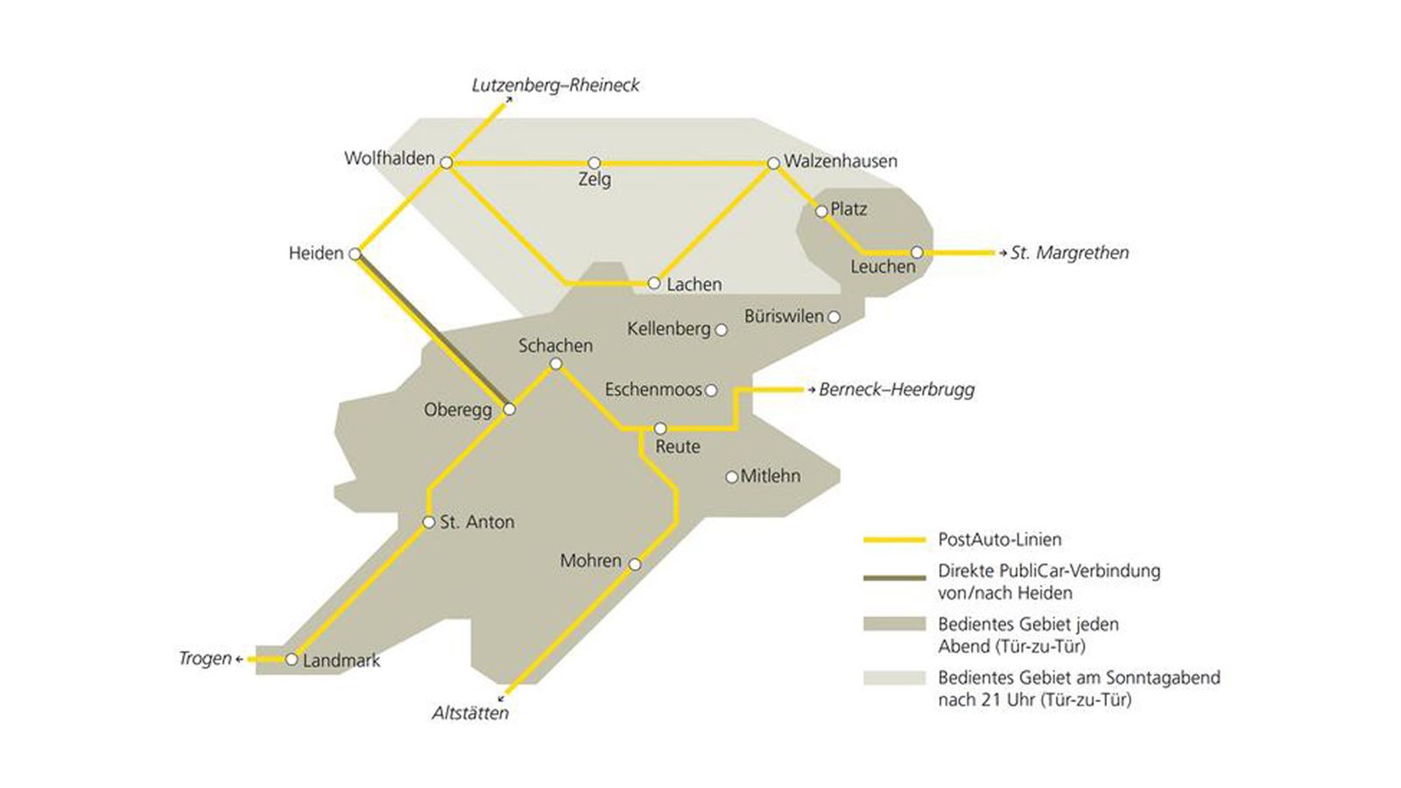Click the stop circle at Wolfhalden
click(x=446, y=163)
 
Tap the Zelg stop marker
click(x=594, y=163)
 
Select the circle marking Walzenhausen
click(x=773, y=164)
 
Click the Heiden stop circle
click(x=355, y=254)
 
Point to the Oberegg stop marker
click(x=510, y=409)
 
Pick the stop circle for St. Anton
click(x=428, y=523)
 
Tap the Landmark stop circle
click(x=292, y=659)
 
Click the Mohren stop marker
click(x=635, y=565)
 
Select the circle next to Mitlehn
click(x=731, y=477)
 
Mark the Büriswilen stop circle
click(x=834, y=317)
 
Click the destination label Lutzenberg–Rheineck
click(x=555, y=85)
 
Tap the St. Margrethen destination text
click(x=1069, y=253)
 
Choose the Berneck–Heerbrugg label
click(x=896, y=390)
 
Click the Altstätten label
click(x=470, y=713)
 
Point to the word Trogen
click(x=205, y=658)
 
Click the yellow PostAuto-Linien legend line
click(x=894, y=540)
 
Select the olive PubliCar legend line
click(x=894, y=578)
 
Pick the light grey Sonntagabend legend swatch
click(x=894, y=678)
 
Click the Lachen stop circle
click(x=653, y=283)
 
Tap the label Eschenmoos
click(x=653, y=390)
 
